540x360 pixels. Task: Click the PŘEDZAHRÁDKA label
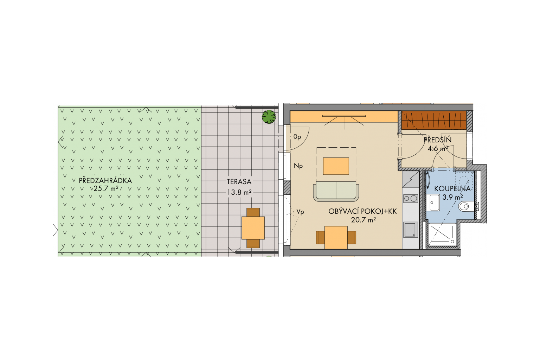tap(105, 180)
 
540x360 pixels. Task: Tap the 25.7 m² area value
tap(106, 188)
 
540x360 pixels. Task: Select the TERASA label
tap(239, 182)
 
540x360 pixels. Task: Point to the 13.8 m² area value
tap(239, 192)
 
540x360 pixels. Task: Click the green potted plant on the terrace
tap(269, 117)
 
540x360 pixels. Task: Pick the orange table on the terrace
tap(253, 228)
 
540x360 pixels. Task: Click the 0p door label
tap(297, 137)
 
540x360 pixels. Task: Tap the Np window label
tap(298, 166)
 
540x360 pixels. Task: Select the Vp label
tap(300, 212)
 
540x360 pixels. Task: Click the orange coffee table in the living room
tap(336, 166)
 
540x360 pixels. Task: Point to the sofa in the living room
tap(336, 192)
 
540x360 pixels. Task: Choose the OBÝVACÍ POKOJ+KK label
tap(362, 212)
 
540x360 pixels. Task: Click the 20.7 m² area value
tap(364, 220)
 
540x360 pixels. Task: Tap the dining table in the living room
tap(336, 238)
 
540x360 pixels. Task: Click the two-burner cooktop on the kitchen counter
tap(411, 198)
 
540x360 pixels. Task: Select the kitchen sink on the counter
tap(411, 230)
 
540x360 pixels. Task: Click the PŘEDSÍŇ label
tap(438, 140)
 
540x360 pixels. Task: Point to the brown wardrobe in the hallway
tap(434, 120)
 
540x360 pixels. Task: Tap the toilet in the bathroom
tap(466, 206)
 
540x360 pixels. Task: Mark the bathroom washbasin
tap(435, 202)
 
